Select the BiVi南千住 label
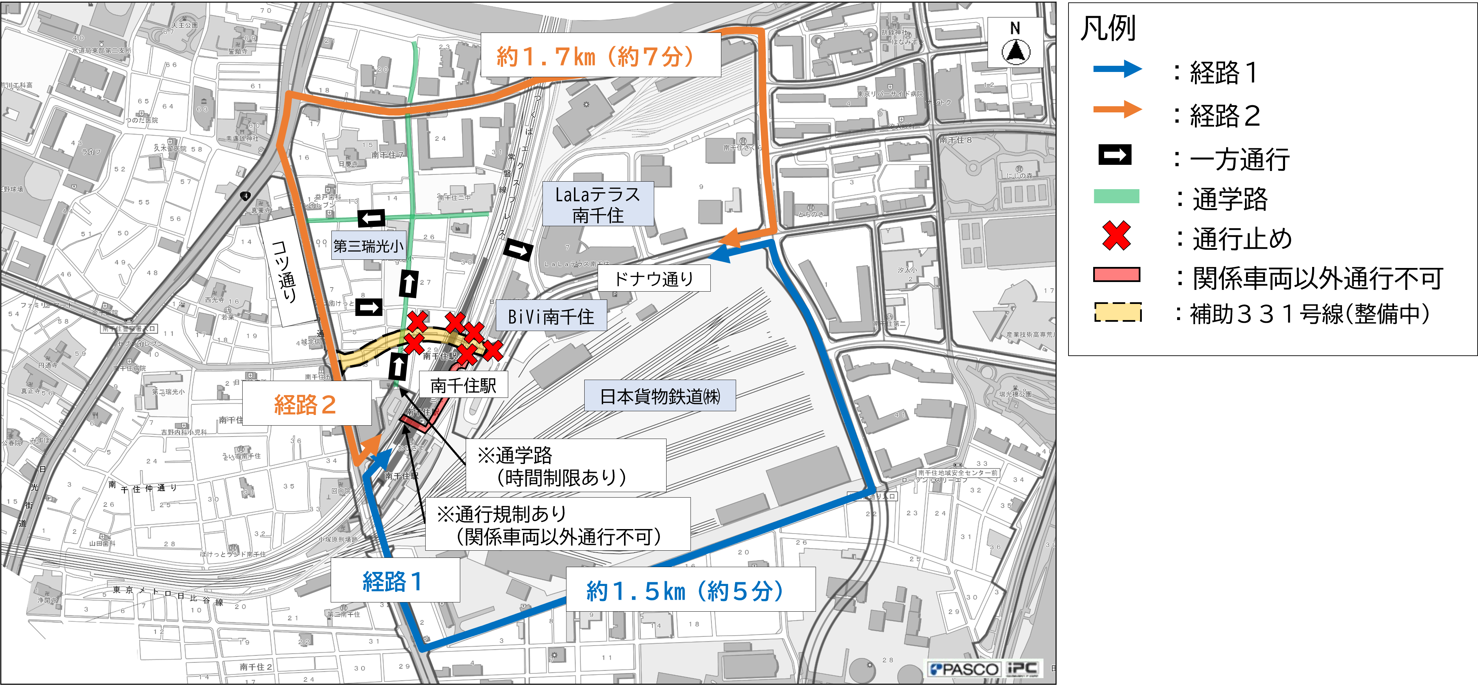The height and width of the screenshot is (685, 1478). [x=551, y=316]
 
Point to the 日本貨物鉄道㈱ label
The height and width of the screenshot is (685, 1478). [x=659, y=396]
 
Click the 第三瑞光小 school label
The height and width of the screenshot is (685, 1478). [x=368, y=246]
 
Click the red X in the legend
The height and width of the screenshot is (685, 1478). [x=1116, y=236]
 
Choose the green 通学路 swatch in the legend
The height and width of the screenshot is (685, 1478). [x=1116, y=196]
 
